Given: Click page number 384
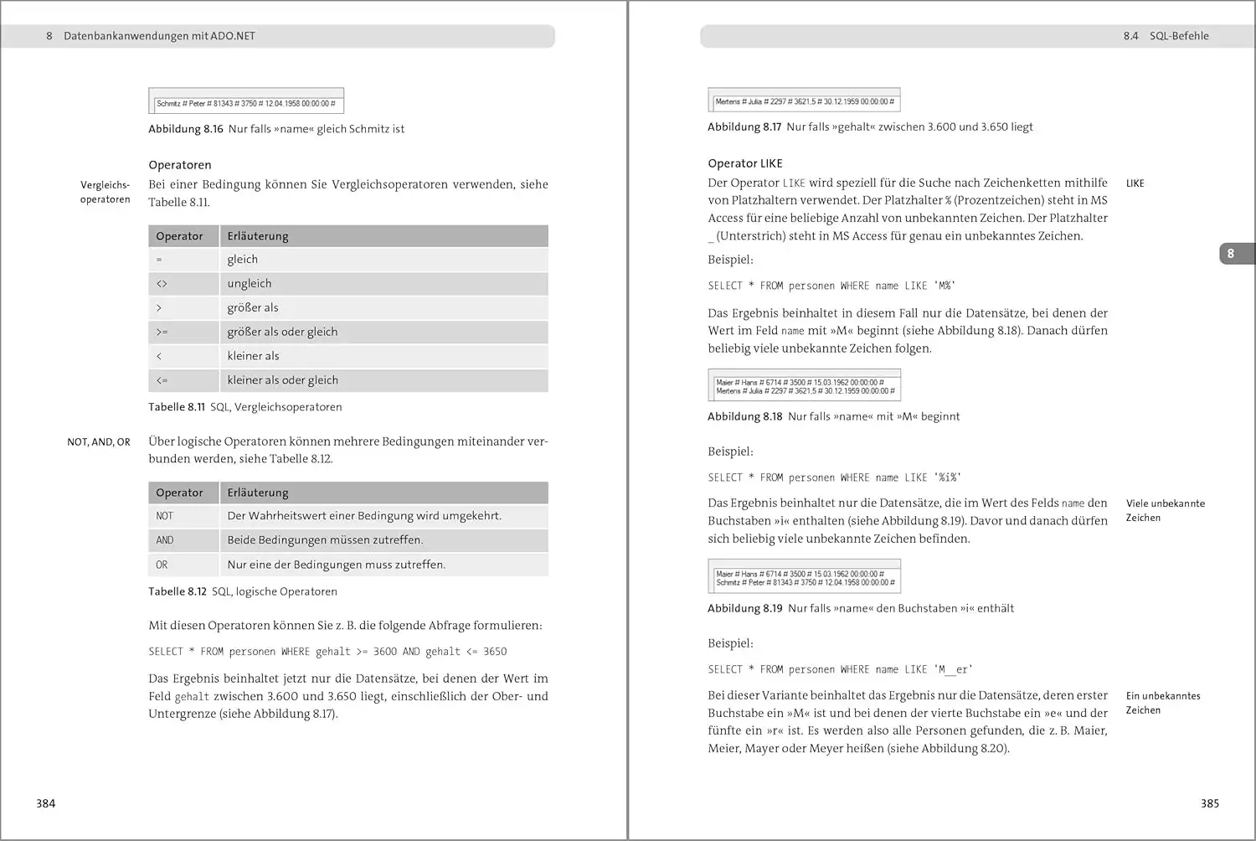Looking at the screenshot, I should click(46, 803).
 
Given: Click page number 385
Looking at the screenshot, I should click(1209, 803).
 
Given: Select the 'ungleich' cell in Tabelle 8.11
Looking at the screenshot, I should click(250, 284).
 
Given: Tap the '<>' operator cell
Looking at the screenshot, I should click(162, 284).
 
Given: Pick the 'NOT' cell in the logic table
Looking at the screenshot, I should click(165, 516).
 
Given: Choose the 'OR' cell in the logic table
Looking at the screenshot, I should click(162, 565).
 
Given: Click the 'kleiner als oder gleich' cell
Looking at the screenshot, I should click(283, 380).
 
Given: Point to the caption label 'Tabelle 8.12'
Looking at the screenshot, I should click(178, 591).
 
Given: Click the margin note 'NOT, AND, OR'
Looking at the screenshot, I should click(99, 442).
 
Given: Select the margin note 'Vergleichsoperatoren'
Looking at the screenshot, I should click(106, 192).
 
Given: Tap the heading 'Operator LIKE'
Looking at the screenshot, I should click(745, 163).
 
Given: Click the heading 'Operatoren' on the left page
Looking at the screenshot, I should click(180, 165).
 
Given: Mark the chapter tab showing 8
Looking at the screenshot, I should click(1231, 253).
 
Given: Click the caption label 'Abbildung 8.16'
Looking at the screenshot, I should click(186, 129).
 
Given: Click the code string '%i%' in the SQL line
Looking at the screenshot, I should click(948, 477).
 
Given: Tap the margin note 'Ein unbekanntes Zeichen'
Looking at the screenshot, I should click(1162, 703).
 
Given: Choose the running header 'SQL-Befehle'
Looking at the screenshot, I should click(1179, 36).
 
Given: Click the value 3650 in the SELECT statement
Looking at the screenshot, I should click(495, 652).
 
